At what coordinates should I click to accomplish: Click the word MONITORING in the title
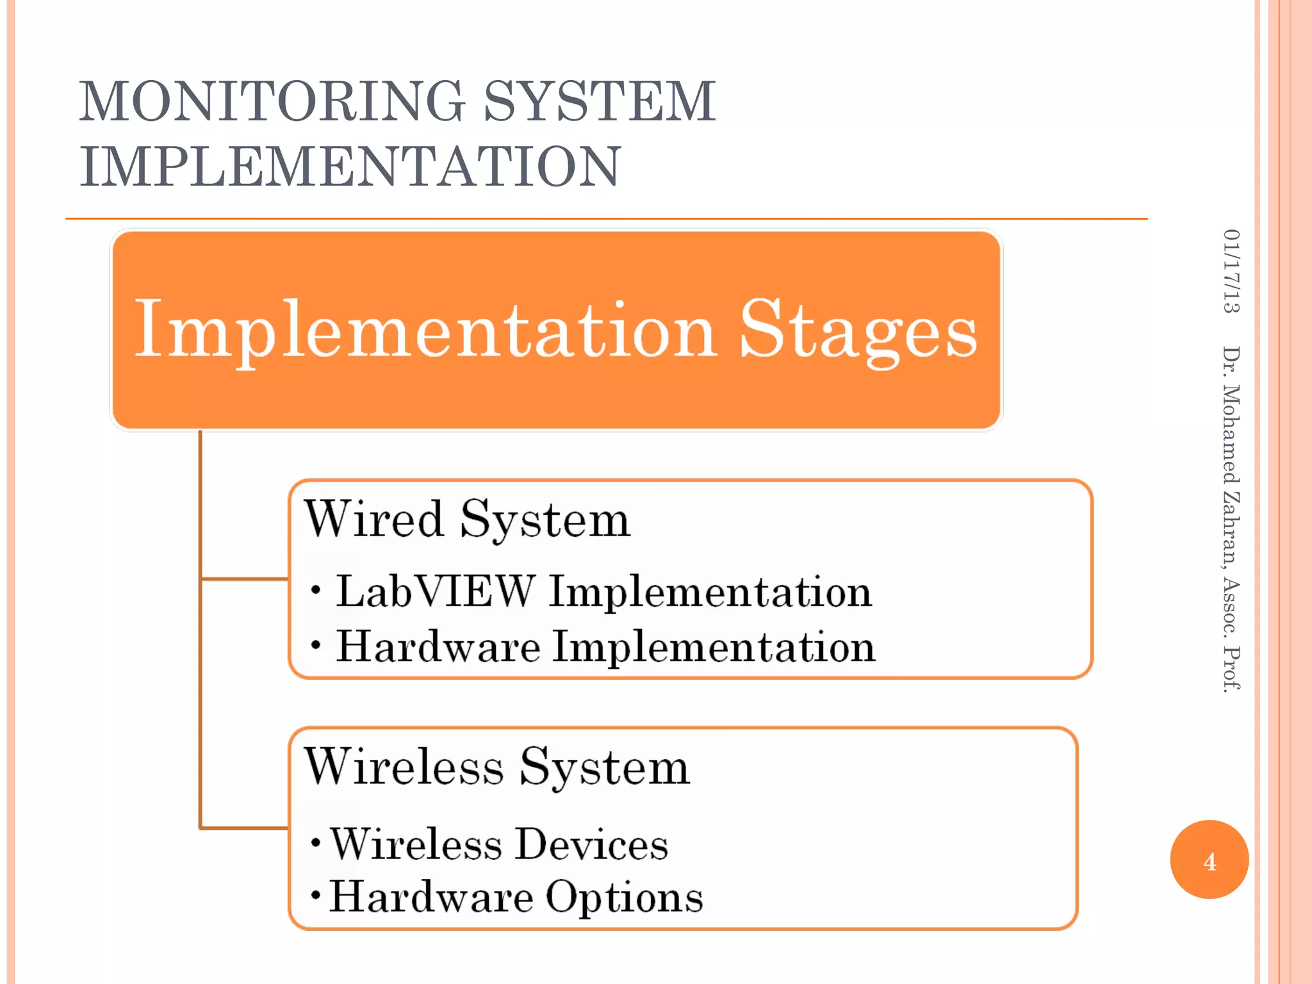pyautogui.click(x=272, y=101)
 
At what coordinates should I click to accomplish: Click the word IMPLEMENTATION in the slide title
pyautogui.click(x=350, y=167)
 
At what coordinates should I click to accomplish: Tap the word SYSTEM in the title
pyautogui.click(x=600, y=101)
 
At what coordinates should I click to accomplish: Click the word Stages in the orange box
pyautogui.click(x=858, y=331)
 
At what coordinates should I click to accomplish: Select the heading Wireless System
pyautogui.click(x=497, y=767)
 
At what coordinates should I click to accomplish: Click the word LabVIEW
pyautogui.click(x=436, y=591)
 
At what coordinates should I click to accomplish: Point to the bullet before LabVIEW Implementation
pyautogui.click(x=315, y=589)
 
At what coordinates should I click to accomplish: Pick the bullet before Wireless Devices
pyautogui.click(x=315, y=842)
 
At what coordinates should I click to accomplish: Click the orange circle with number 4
pyautogui.click(x=1209, y=860)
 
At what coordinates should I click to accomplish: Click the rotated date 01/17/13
pyautogui.click(x=1231, y=270)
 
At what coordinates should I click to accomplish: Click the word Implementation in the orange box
pyautogui.click(x=425, y=331)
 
